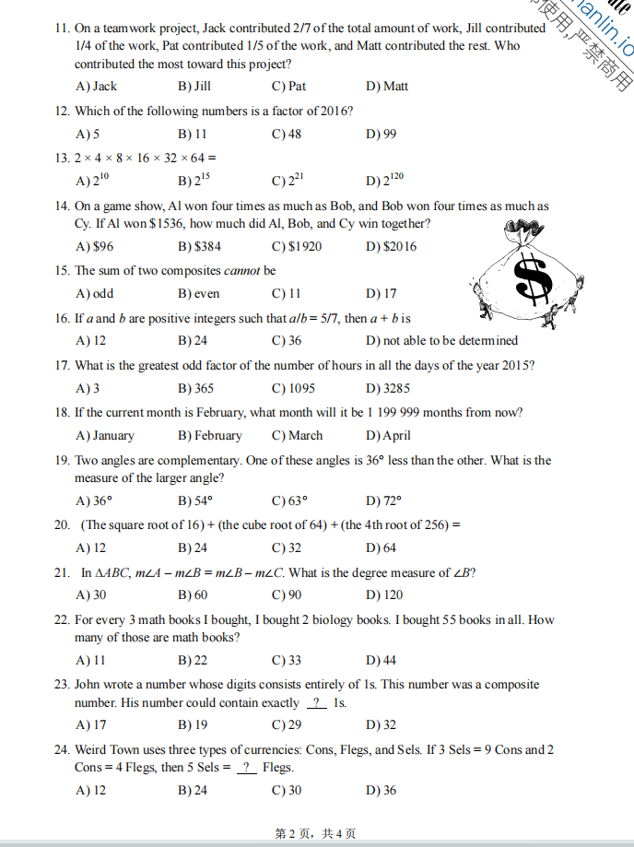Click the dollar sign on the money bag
[x=533, y=279]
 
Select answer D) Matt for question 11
[x=387, y=87]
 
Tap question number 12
[x=63, y=111]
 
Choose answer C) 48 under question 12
[x=287, y=134]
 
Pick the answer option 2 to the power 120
[x=385, y=181]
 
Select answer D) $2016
[x=391, y=246]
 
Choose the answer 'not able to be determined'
[x=441, y=341]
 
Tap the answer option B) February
[x=210, y=436]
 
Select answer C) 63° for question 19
[x=289, y=501]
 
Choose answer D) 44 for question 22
[x=382, y=660]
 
